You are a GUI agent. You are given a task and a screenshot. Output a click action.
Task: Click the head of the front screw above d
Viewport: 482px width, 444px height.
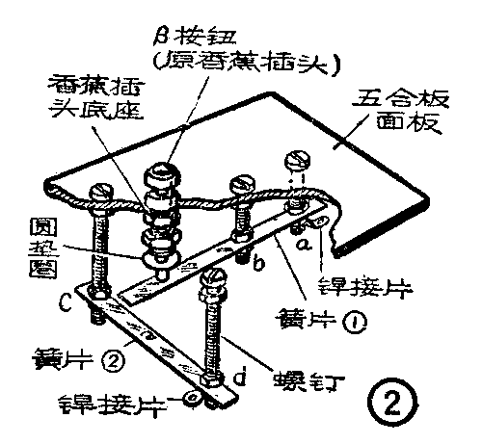[x=213, y=281]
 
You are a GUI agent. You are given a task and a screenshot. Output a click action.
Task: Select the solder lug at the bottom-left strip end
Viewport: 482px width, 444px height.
[x=194, y=396]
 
